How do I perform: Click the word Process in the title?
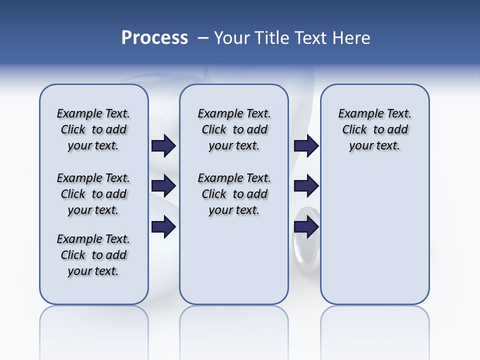pyautogui.click(x=154, y=38)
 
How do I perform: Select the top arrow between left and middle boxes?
pyautogui.click(x=163, y=145)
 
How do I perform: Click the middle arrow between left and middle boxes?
pyautogui.click(x=163, y=186)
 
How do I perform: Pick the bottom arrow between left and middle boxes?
pyautogui.click(x=163, y=226)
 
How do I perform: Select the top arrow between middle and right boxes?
pyautogui.click(x=306, y=145)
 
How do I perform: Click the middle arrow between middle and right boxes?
pyautogui.click(x=306, y=186)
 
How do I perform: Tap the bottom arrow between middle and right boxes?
pyautogui.click(x=306, y=226)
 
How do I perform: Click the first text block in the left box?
pyautogui.click(x=93, y=129)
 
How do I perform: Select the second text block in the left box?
pyautogui.click(x=93, y=194)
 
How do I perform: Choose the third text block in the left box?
pyautogui.click(x=93, y=255)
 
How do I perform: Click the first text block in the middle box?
pyautogui.click(x=234, y=129)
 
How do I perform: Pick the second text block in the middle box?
pyautogui.click(x=234, y=194)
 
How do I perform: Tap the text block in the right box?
pyautogui.click(x=374, y=129)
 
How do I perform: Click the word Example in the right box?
pyautogui.click(x=357, y=114)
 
